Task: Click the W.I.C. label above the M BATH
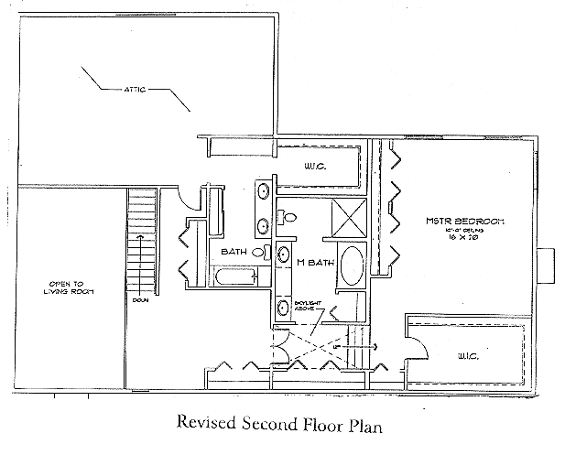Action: click(316, 168)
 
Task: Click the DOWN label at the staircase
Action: click(139, 299)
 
